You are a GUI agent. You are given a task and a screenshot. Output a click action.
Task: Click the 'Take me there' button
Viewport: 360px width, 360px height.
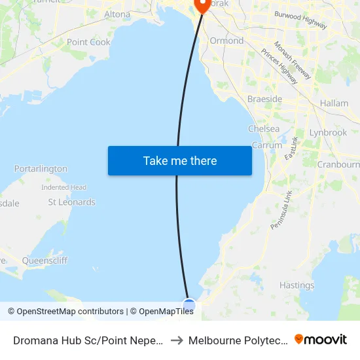coord(180,160)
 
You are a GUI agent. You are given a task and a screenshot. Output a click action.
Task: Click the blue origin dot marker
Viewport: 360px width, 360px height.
coord(189,305)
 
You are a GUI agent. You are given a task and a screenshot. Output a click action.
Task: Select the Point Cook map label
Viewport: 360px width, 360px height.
coord(88,42)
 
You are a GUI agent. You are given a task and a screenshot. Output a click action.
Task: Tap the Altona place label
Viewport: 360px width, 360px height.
coord(118,14)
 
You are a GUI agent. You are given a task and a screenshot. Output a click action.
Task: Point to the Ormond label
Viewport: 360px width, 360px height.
coord(226,41)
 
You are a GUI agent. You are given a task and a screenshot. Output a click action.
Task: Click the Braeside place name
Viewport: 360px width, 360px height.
coord(264,99)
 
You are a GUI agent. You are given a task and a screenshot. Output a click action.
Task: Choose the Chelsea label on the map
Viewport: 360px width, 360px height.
coord(264,129)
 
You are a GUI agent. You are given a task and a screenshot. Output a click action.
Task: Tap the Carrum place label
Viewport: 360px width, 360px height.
coord(266,145)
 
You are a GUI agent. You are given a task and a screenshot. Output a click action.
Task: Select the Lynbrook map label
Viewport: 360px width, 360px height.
coord(328,132)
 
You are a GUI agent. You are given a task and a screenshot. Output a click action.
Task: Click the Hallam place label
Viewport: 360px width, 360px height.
coord(334,103)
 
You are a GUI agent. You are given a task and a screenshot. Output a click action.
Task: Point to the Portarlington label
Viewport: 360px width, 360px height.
coord(41,168)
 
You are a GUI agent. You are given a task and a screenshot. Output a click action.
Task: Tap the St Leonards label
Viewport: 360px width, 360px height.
coord(72,202)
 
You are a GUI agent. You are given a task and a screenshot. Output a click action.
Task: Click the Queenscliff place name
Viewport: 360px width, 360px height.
coord(45,260)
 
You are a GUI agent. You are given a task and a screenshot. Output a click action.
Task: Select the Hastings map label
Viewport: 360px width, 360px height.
coord(297,285)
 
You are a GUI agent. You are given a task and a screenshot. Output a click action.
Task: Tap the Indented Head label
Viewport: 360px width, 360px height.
coord(64,187)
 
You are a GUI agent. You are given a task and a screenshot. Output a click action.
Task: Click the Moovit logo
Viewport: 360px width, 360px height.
coord(321,340)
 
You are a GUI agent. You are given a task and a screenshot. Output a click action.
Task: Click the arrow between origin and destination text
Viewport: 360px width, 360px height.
coord(177,340)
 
